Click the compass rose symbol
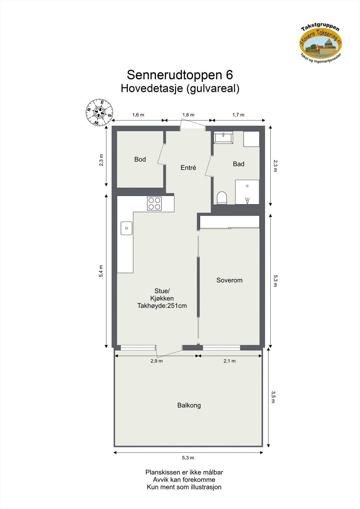[x=99, y=112]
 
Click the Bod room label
[x=140, y=159]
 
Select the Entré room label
[x=188, y=168]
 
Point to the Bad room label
[x=238, y=164]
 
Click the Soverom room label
[x=229, y=280]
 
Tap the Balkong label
[x=189, y=405]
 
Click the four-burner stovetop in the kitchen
[x=154, y=204]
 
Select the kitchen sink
[x=126, y=228]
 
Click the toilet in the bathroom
[x=222, y=198]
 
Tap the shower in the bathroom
[x=247, y=192]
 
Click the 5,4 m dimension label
[x=101, y=271]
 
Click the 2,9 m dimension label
[x=157, y=361]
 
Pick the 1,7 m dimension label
[x=238, y=115]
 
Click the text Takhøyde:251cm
[x=162, y=306]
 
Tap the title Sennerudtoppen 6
[x=180, y=75]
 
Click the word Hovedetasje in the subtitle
[x=151, y=88]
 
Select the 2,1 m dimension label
[x=229, y=361]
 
